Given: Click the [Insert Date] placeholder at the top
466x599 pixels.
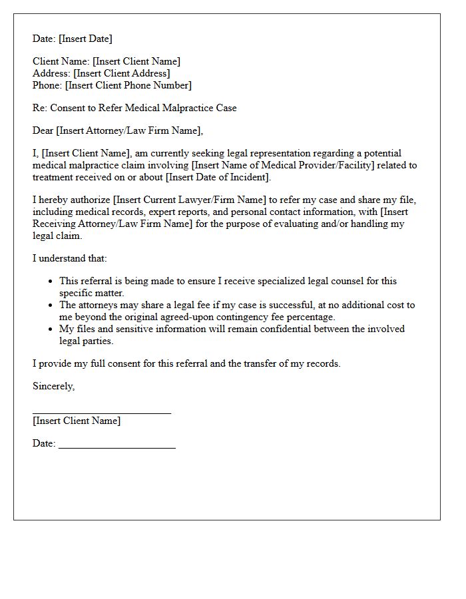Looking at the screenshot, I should tap(85, 39).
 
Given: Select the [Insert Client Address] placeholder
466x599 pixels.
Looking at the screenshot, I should tap(122, 73).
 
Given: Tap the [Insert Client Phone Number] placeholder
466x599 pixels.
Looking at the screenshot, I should tap(128, 85).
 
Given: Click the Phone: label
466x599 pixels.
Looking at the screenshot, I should tap(47, 85).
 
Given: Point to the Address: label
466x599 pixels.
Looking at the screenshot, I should tap(51, 73).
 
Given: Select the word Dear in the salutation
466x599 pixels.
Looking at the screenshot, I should tap(43, 130).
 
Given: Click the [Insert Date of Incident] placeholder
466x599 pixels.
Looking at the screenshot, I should tap(218, 177).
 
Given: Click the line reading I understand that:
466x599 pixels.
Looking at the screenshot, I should tap(69, 258).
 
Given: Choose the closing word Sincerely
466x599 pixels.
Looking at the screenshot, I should tap(53, 386).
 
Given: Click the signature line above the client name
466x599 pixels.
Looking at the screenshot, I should tap(102, 413).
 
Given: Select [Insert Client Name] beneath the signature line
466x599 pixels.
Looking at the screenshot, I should tap(77, 421).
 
